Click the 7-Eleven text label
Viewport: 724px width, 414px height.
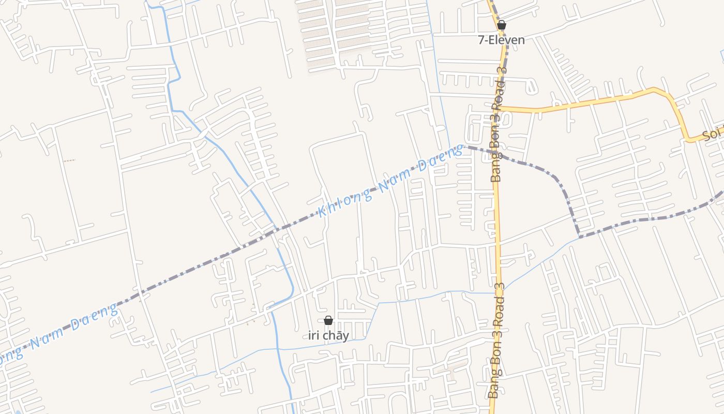tap(501, 40)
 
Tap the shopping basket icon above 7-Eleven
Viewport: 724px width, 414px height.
tap(501, 25)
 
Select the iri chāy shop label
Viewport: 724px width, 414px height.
tap(328, 335)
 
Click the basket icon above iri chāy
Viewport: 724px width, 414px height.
tap(328, 321)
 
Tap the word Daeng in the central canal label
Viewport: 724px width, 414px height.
tap(441, 158)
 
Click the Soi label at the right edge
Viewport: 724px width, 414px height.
tap(713, 136)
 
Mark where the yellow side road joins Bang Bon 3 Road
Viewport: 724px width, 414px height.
tap(500, 109)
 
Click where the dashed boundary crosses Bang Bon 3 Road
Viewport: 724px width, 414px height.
tap(496, 155)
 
